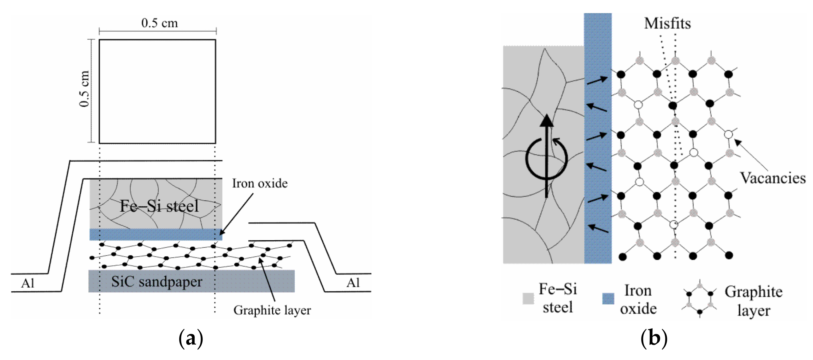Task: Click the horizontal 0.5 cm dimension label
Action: pyautogui.click(x=159, y=23)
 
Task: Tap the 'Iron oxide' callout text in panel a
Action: pyautogui.click(x=260, y=183)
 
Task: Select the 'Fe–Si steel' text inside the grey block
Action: pyautogui.click(x=159, y=206)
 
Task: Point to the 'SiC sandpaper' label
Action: pyautogui.click(x=157, y=281)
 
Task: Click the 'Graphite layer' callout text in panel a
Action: pyautogui.click(x=272, y=310)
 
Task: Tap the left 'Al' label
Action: pyautogui.click(x=28, y=283)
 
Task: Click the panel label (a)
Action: pyautogui.click(x=191, y=338)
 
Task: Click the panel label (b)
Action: pyautogui.click(x=654, y=338)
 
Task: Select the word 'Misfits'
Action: pyautogui.click(x=667, y=23)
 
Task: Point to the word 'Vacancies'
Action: pyautogui.click(x=773, y=178)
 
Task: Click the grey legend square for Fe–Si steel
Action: pyautogui.click(x=528, y=298)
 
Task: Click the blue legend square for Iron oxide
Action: pyautogui.click(x=608, y=298)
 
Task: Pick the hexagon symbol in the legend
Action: pyautogui.click(x=700, y=298)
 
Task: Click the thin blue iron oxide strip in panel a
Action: pyautogui.click(x=156, y=234)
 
